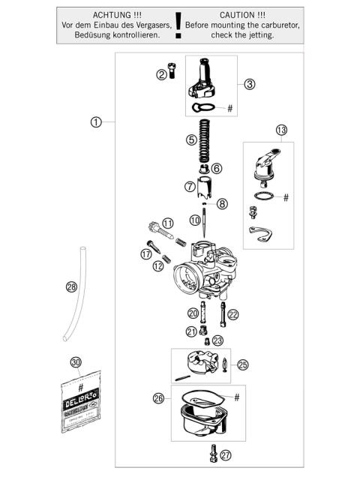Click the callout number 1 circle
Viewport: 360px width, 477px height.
(96, 122)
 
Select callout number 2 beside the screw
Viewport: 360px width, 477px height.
(161, 74)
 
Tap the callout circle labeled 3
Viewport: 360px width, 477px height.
(250, 84)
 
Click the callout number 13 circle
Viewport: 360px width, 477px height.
(281, 130)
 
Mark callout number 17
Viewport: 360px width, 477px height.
(146, 254)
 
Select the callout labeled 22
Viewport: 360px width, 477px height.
(233, 314)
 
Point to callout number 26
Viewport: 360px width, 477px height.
(157, 398)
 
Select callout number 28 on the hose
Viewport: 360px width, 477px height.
(71, 286)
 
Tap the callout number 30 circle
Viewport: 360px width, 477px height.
(75, 362)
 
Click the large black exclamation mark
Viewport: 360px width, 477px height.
(178, 30)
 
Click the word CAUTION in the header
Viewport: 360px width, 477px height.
(242, 15)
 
